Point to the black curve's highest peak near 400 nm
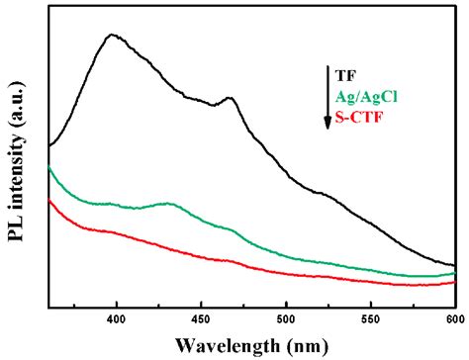114,35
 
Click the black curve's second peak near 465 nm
229,98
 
